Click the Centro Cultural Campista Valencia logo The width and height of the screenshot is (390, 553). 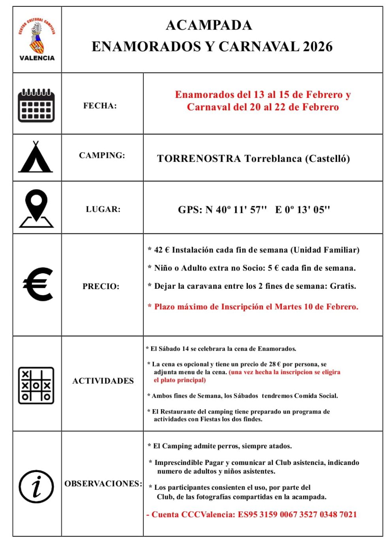click(37, 39)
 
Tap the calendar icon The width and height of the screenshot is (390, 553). click(36, 105)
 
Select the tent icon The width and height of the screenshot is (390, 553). click(36, 158)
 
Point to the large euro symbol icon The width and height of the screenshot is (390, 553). click(38, 284)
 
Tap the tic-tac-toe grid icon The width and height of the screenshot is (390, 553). click(36, 385)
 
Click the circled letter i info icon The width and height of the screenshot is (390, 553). click(36, 486)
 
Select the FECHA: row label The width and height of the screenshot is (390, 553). click(100, 105)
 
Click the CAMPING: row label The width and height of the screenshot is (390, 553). click(102, 155)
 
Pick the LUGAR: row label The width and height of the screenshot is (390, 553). click(103, 209)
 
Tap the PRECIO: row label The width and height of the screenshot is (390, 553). click(101, 286)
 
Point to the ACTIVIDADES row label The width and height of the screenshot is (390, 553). click(103, 381)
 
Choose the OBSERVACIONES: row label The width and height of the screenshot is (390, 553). click(103, 483)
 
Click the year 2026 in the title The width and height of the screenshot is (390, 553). click(318, 47)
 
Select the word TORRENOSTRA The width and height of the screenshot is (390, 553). click(199, 159)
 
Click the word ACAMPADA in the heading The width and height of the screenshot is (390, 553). click(209, 25)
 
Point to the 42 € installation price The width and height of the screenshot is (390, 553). click(161, 250)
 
